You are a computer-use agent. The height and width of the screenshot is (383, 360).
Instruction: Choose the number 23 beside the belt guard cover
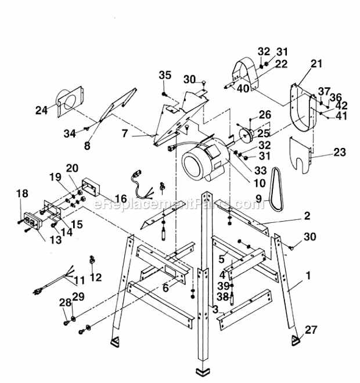(x=340, y=153)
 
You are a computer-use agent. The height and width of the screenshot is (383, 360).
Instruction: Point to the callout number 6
(x=165, y=286)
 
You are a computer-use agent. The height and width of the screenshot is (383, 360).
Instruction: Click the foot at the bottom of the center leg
(x=204, y=370)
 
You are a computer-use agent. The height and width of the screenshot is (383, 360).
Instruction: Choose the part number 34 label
(x=70, y=133)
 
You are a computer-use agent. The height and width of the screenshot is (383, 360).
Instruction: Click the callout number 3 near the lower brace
(x=215, y=310)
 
